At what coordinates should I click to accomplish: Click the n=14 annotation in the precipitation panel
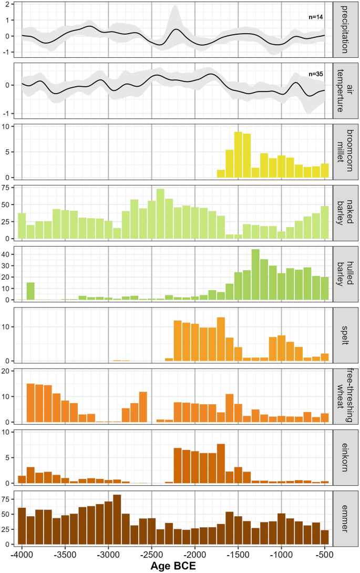pos(315,17)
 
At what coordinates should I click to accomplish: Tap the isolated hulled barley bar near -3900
pos(30,291)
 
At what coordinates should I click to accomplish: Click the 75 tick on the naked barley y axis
pos(10,187)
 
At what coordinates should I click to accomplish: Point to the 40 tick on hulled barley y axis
pos(10,254)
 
